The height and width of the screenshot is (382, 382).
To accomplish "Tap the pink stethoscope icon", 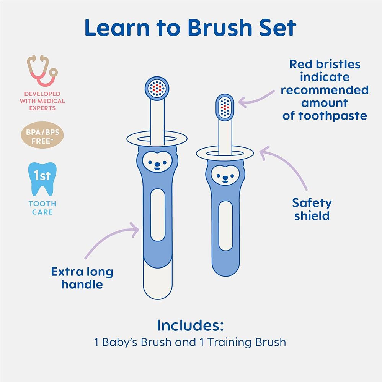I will (x=41, y=71).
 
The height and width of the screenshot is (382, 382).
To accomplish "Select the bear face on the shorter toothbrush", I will (x=225, y=175).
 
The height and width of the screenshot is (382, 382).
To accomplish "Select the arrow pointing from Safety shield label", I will (x=285, y=168).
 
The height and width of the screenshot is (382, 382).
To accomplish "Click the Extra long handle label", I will (x=82, y=278).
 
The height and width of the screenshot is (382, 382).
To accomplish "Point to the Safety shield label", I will (x=312, y=209).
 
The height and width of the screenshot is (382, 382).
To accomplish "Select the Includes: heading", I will (x=190, y=325).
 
